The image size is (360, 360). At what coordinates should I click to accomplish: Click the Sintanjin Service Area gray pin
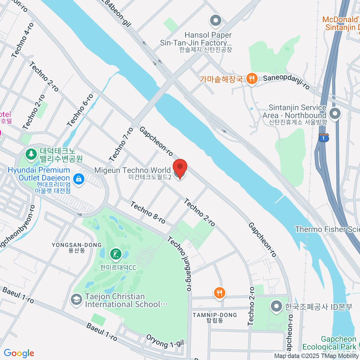tap(335, 114)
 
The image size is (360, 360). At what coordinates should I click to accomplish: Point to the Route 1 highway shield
tap(324, 138)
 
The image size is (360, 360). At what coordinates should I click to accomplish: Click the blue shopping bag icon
tap(79, 179)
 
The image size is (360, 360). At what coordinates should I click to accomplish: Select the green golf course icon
tap(116, 254)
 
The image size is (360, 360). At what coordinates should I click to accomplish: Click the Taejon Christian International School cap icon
tap(76, 300)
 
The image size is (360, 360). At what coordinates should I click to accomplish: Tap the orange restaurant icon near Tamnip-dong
tap(220, 293)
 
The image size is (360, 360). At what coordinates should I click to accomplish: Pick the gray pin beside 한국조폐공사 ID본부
tap(276, 307)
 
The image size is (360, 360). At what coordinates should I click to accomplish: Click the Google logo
tap(19, 353)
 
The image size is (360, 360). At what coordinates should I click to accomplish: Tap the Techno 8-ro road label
tap(148, 212)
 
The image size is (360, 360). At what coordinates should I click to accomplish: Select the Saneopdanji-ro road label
tap(286, 82)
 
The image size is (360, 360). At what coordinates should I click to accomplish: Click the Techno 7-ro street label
tap(121, 145)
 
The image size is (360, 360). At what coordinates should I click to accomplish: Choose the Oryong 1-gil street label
tap(165, 341)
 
